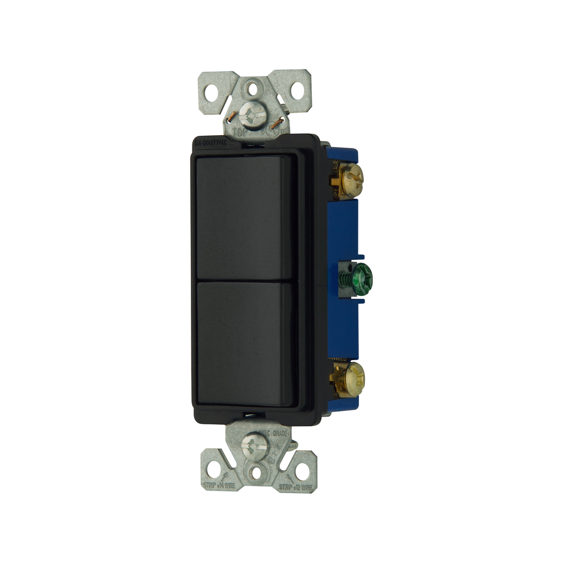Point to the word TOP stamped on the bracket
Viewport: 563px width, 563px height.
(240, 133)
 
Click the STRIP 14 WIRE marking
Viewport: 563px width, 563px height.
(219, 486)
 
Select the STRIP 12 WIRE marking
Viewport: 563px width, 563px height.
(296, 486)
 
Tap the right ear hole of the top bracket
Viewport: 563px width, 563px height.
(297, 90)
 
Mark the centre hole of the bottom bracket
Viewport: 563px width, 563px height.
(256, 472)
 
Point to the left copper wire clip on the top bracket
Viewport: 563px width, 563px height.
(233, 117)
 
